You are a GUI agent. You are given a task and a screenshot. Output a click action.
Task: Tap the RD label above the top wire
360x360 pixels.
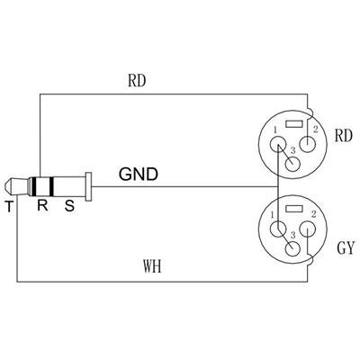pyautogui.click(x=138, y=80)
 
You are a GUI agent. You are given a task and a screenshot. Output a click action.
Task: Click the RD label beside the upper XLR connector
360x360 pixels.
pyautogui.click(x=343, y=138)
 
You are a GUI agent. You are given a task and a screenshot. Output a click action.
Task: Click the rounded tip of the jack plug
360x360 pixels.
pyautogui.click(x=8, y=188)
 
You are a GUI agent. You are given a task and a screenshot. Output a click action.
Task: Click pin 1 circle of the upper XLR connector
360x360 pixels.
pyautogui.click(x=274, y=143)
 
